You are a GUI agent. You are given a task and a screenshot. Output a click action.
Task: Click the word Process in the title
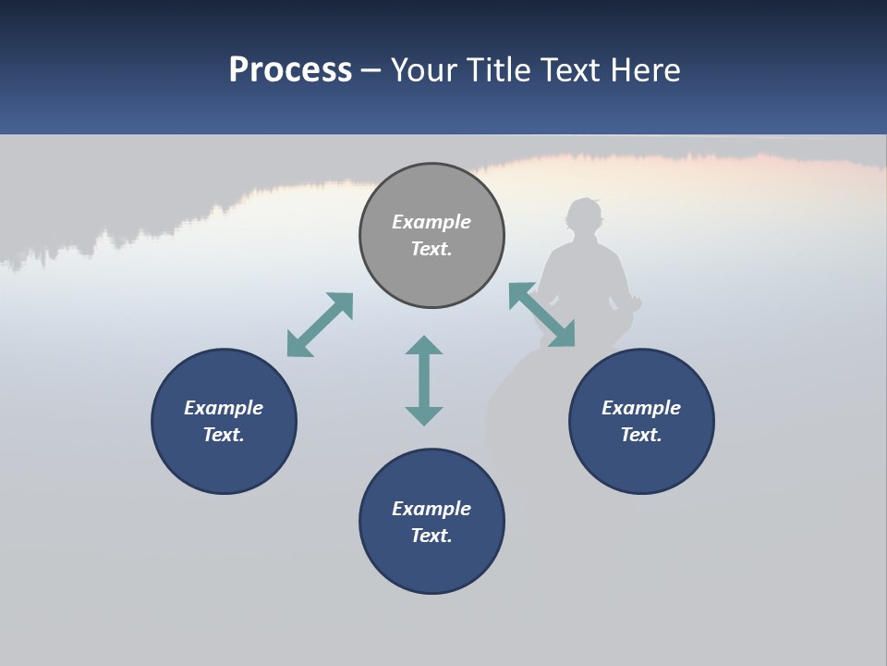pos(290,70)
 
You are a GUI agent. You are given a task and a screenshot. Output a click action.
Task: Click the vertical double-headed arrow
pos(424,380)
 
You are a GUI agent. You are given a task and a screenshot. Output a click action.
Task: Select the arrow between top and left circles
pos(320,325)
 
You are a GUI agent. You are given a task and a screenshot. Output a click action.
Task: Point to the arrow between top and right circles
pos(541,315)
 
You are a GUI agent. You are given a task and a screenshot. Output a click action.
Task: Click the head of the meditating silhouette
pos(584,216)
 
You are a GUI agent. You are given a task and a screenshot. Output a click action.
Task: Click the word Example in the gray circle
pos(431,222)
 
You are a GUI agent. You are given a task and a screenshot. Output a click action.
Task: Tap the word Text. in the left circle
pos(224,435)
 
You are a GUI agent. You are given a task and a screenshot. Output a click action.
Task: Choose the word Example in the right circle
pos(641,408)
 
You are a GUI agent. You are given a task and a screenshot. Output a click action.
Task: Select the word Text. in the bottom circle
pos(431,536)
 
